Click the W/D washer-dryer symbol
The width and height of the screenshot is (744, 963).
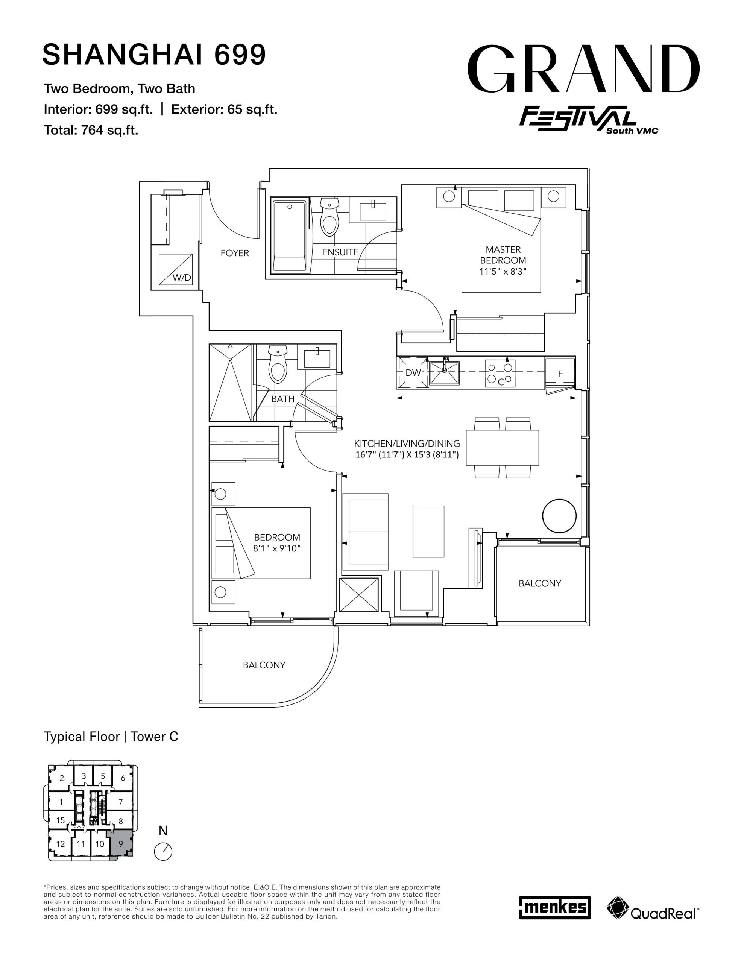176,269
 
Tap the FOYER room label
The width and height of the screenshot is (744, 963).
235,253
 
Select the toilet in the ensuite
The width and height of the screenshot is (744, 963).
329,217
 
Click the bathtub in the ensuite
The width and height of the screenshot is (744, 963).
289,236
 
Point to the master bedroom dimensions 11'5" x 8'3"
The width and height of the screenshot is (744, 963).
503,272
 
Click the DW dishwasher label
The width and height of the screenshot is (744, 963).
413,372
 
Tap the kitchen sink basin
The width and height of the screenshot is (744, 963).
445,372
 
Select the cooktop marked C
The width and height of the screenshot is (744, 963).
500,374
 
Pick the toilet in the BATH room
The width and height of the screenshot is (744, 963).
278,363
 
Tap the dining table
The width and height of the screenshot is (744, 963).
502,448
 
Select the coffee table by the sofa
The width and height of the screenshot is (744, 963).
428,531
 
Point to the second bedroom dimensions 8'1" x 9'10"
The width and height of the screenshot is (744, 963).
277,548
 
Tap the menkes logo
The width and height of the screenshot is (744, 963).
554,907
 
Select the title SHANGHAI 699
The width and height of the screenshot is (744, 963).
154,54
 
